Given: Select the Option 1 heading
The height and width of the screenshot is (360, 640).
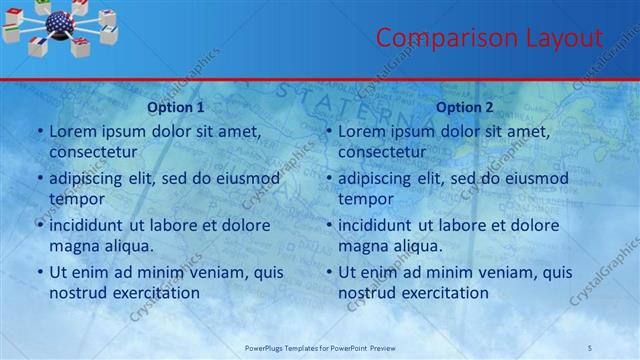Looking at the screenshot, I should click(x=176, y=107).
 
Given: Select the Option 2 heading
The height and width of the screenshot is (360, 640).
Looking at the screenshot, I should click(x=465, y=107).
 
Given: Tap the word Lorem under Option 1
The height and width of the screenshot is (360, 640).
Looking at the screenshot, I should click(x=71, y=131).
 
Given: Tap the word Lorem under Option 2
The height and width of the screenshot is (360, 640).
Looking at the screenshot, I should click(x=360, y=131).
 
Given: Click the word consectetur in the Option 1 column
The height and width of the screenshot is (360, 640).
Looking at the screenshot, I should click(x=93, y=152).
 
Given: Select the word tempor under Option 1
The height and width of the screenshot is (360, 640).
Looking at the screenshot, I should click(x=73, y=198).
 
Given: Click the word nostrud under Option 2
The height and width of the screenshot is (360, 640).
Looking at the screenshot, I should click(x=365, y=292).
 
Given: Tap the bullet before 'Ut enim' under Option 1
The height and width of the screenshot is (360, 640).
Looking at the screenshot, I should click(x=40, y=272).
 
